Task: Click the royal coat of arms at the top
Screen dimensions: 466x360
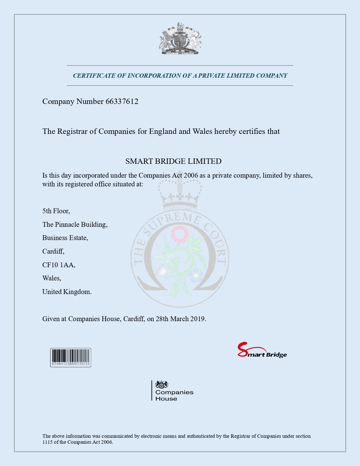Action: (180, 39)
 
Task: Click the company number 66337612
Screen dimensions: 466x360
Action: (122, 101)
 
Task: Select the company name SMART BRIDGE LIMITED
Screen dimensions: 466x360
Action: (173, 161)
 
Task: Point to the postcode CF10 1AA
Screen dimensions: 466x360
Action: (58, 265)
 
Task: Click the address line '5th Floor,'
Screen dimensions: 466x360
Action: (56, 211)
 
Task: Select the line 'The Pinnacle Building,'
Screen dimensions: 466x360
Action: (75, 225)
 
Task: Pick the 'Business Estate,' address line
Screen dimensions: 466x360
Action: (65, 238)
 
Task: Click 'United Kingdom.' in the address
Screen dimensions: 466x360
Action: (67, 292)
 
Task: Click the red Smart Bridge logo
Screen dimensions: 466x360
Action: (262, 350)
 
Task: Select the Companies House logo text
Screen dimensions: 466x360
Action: (174, 395)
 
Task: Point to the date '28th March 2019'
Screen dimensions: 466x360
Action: (180, 319)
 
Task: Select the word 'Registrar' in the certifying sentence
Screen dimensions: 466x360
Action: (72, 131)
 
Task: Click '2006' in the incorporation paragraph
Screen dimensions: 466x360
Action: (191, 175)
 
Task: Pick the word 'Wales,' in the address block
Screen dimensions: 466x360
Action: (52, 278)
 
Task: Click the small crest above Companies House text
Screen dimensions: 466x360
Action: (162, 384)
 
